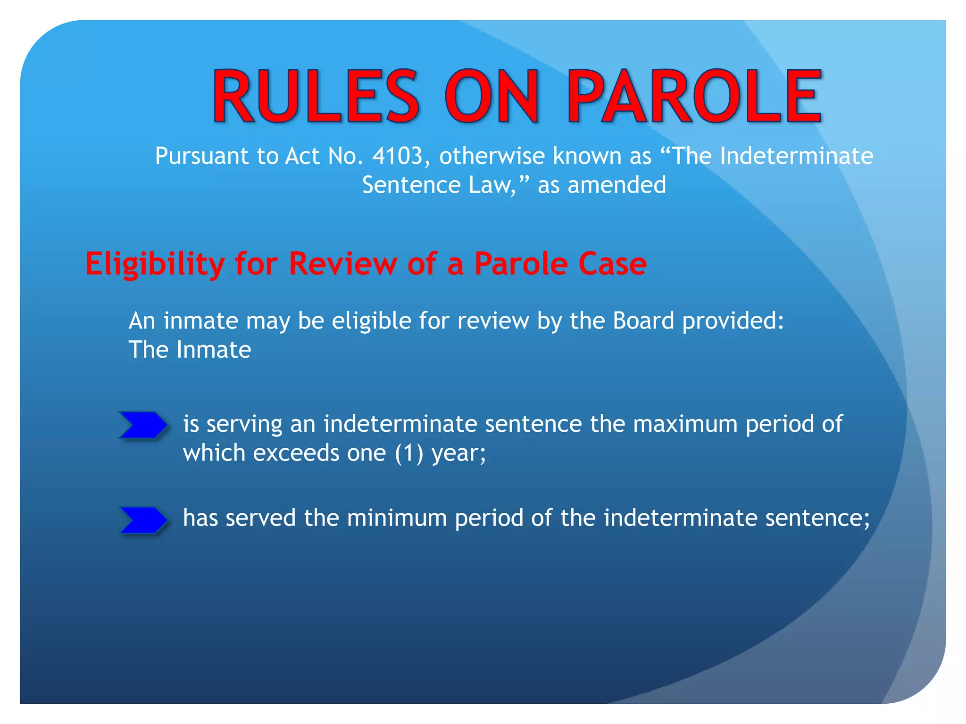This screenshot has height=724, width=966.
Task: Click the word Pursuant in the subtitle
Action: click(x=201, y=156)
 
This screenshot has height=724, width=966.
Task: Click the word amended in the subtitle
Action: click(x=617, y=185)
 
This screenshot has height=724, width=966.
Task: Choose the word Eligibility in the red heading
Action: click(x=155, y=264)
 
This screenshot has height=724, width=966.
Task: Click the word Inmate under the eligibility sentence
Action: click(x=214, y=350)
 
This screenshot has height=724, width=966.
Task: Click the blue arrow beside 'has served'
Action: click(x=143, y=520)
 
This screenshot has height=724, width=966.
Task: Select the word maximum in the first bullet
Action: click(x=685, y=424)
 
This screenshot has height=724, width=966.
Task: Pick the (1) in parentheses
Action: click(x=409, y=453)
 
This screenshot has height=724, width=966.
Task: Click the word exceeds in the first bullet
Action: click(x=296, y=453)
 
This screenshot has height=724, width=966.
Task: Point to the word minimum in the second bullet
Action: click(x=397, y=518)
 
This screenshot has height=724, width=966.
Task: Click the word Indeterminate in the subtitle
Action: click(x=796, y=156)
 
